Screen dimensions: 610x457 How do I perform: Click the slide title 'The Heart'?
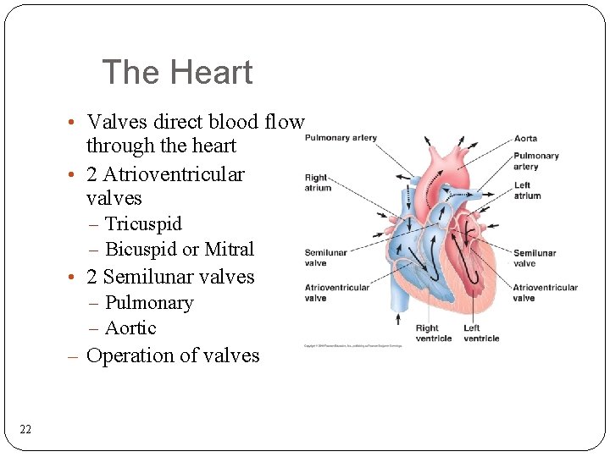pos(177,73)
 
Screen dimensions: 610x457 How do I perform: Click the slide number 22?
pos(25,430)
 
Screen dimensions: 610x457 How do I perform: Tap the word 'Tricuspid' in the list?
pos(143,224)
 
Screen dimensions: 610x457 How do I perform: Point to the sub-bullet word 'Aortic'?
pos(131,328)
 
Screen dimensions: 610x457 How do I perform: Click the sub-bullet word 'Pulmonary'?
pos(149,303)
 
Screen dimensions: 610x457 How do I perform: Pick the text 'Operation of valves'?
pos(173,355)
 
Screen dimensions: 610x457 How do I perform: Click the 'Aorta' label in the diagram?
pos(525,139)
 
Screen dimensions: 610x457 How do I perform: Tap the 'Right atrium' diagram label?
pos(317,183)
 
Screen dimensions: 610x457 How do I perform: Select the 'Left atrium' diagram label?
pos(527,190)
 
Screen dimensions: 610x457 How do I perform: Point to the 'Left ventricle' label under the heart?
pos(481,333)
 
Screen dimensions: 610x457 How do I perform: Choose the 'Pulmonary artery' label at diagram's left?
pos(341,138)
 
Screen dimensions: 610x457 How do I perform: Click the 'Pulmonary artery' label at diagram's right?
pos(535,161)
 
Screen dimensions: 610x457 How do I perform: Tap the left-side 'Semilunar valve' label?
pos(325,257)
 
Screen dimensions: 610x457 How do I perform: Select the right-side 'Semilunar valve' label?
pos(535,257)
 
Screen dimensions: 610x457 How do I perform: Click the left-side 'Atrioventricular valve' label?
pos(337,292)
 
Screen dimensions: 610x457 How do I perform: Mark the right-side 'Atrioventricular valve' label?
pos(545,292)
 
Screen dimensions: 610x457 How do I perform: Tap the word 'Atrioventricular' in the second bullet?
pos(174,175)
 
